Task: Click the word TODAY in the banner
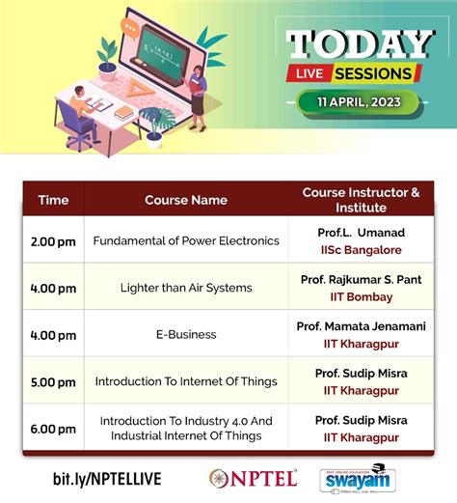pyautogui.click(x=361, y=43)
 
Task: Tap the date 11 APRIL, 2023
pyautogui.click(x=360, y=101)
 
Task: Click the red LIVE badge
pyautogui.click(x=311, y=74)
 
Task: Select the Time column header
pyautogui.click(x=53, y=200)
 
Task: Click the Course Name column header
pyautogui.click(x=186, y=200)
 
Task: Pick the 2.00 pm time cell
pyautogui.click(x=53, y=240)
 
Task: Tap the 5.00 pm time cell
pyautogui.click(x=53, y=380)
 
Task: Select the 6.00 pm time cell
pyautogui.click(x=53, y=429)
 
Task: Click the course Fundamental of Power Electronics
pyautogui.click(x=186, y=240)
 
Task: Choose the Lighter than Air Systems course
pyautogui.click(x=186, y=288)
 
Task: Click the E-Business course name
pyautogui.click(x=186, y=334)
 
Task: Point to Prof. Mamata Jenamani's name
pyautogui.click(x=363, y=326)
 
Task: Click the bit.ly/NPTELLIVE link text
pyautogui.click(x=107, y=479)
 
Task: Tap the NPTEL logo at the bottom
pyautogui.click(x=253, y=478)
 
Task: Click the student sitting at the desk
pyautogui.click(x=80, y=111)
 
